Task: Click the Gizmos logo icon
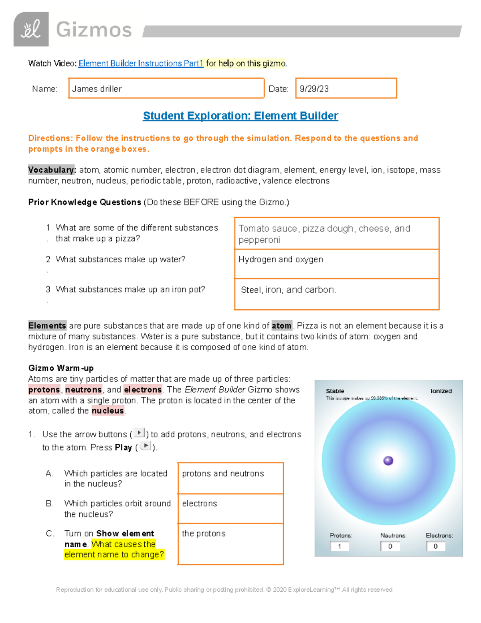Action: pyautogui.click(x=31, y=29)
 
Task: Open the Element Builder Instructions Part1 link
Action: pyautogui.click(x=141, y=63)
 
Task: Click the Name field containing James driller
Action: pyautogui.click(x=166, y=89)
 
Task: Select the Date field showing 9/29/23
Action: pyautogui.click(x=346, y=89)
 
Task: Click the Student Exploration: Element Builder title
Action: pyautogui.click(x=240, y=116)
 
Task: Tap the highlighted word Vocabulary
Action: pyautogui.click(x=51, y=170)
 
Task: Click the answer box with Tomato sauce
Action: pyautogui.click(x=336, y=234)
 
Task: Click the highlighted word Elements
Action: pyautogui.click(x=47, y=326)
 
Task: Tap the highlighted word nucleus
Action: pyautogui.click(x=107, y=411)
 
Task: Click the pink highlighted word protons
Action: pyautogui.click(x=44, y=390)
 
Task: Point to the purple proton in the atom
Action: pyautogui.click(x=388, y=461)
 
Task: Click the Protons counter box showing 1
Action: pyautogui.click(x=340, y=546)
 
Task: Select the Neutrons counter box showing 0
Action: pyautogui.click(x=390, y=546)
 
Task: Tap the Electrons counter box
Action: pyautogui.click(x=436, y=546)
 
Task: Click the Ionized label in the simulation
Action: pyautogui.click(x=441, y=391)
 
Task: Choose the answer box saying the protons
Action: pyautogui.click(x=230, y=544)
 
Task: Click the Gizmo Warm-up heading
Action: pyautogui.click(x=61, y=368)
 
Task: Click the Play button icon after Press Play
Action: pyautogui.click(x=146, y=446)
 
